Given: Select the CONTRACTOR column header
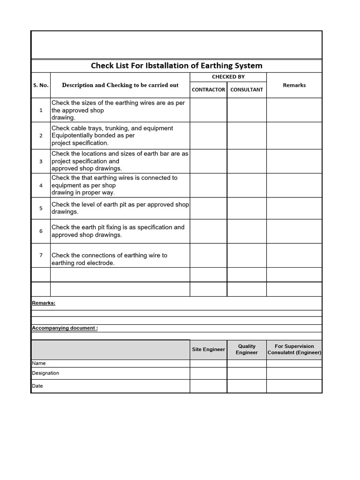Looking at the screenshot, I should [209, 90].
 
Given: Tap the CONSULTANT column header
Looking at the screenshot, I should [247, 90].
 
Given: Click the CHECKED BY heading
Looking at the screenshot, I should [228, 77].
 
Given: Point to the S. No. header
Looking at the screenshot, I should [41, 85].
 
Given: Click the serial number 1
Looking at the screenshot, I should [41, 110].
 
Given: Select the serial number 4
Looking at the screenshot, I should [41, 185].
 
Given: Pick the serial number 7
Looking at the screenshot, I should [41, 255].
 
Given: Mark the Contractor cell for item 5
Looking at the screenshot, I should [209, 208].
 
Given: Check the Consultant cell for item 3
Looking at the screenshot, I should [247, 161].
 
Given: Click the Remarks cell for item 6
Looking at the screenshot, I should [294, 231].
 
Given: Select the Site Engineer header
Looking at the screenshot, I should [209, 349].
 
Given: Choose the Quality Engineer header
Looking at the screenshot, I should [247, 349].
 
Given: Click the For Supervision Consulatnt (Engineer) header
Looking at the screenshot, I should [294, 349].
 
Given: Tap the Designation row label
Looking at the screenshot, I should [45, 373].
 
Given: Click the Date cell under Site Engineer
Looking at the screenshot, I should [209, 386].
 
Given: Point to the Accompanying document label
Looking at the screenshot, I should [65, 328].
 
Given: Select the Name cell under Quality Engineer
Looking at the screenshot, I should [247, 363].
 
